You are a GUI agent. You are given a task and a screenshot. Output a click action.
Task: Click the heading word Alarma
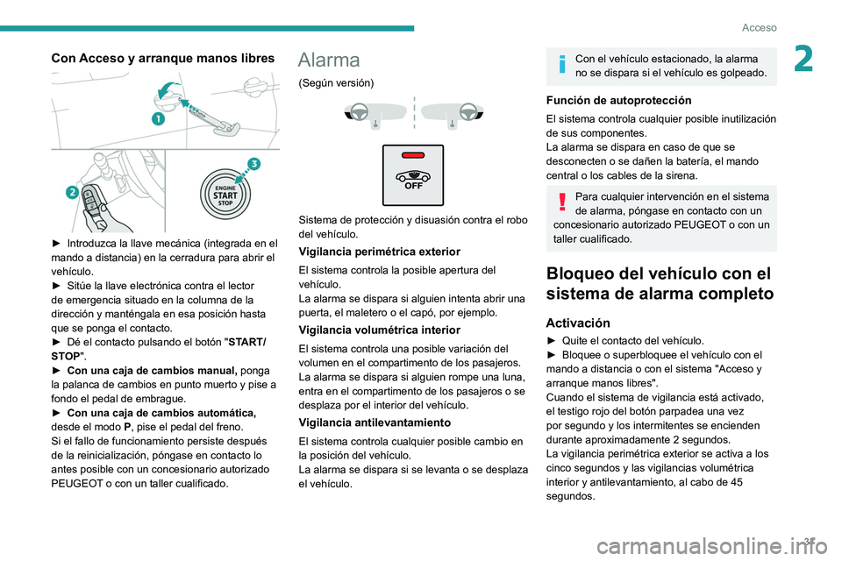coord(329,60)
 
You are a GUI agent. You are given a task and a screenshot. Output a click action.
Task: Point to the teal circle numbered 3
coord(253,164)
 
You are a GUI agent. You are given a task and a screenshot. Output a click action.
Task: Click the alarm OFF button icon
coord(413,175)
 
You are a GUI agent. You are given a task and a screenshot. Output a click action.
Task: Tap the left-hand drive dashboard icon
coord(375,113)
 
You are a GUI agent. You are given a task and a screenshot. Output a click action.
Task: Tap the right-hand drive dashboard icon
coord(452,113)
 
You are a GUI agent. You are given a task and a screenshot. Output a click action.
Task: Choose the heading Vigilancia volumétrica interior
coord(379,330)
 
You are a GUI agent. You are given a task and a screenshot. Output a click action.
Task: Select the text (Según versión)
coord(336,82)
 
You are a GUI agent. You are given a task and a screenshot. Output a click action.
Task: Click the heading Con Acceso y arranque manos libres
coord(163,59)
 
